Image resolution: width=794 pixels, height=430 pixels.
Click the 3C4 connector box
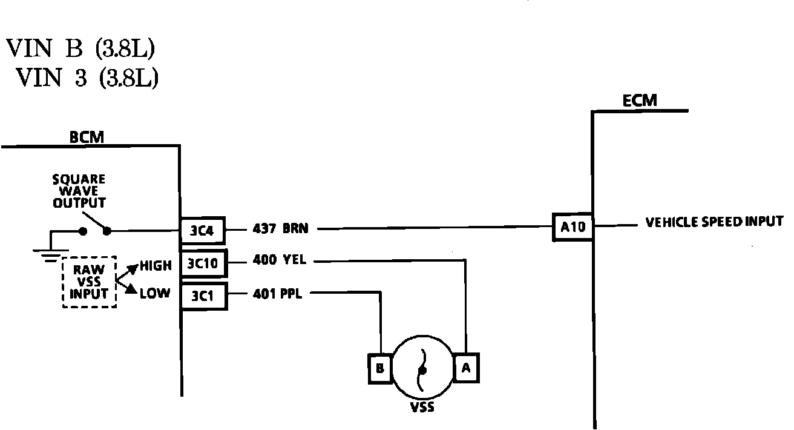(x=204, y=230)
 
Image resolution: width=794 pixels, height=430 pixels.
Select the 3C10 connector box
(x=204, y=263)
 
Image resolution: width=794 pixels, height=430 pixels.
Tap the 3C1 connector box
(x=204, y=296)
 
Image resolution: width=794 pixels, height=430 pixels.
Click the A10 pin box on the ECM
(x=573, y=228)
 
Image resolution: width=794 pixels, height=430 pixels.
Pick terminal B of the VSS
(x=379, y=368)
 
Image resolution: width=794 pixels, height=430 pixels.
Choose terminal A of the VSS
(x=466, y=367)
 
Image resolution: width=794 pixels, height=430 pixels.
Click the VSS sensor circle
(x=422, y=368)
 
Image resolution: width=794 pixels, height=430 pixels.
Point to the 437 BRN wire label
(x=281, y=229)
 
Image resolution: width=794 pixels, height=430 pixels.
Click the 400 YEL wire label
(x=280, y=261)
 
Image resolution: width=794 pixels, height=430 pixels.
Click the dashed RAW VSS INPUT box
(x=90, y=282)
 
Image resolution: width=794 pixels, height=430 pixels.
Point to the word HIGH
(x=156, y=265)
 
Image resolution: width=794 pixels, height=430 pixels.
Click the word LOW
(x=154, y=294)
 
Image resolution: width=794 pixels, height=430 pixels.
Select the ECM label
(x=640, y=101)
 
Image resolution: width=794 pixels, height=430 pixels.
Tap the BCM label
(x=87, y=137)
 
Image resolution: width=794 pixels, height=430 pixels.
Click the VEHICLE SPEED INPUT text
(x=714, y=222)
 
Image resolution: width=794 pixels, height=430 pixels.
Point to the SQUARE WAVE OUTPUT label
(x=79, y=191)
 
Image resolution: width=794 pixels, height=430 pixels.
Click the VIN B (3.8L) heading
(x=80, y=49)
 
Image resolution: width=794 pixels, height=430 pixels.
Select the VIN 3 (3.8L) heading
(x=87, y=78)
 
